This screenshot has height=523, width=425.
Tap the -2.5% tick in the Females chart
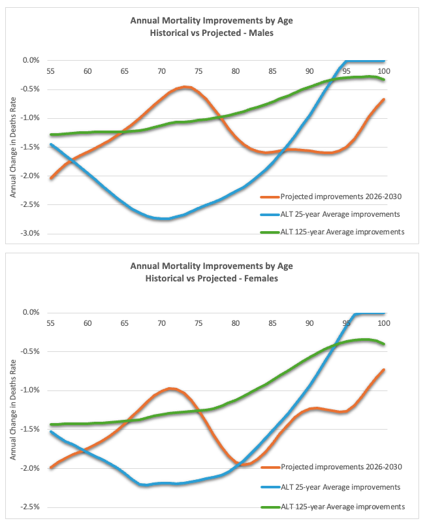[x=30, y=507]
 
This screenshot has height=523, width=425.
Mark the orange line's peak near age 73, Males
[x=185, y=87]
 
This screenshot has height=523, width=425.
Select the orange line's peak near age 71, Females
[x=170, y=388]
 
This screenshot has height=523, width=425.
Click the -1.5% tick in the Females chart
[x=30, y=430]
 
